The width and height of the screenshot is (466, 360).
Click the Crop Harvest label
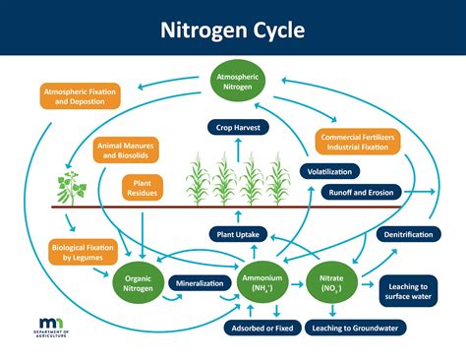(x=239, y=126)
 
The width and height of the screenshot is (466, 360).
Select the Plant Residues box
(x=142, y=187)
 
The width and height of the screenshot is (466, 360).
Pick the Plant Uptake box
(x=240, y=234)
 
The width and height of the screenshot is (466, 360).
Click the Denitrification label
(x=405, y=235)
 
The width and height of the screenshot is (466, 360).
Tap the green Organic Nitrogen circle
(x=138, y=282)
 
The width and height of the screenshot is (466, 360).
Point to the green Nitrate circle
(x=333, y=282)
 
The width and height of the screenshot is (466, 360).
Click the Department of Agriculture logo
(x=51, y=329)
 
